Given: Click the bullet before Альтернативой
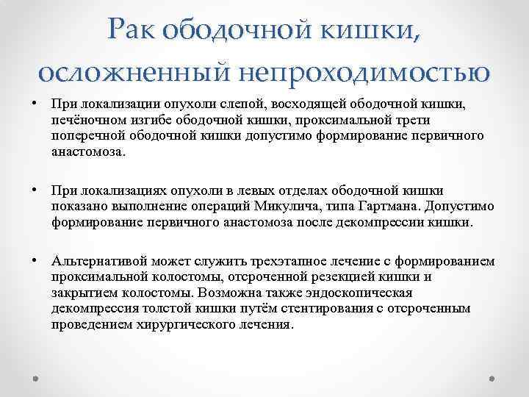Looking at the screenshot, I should click(35, 261).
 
